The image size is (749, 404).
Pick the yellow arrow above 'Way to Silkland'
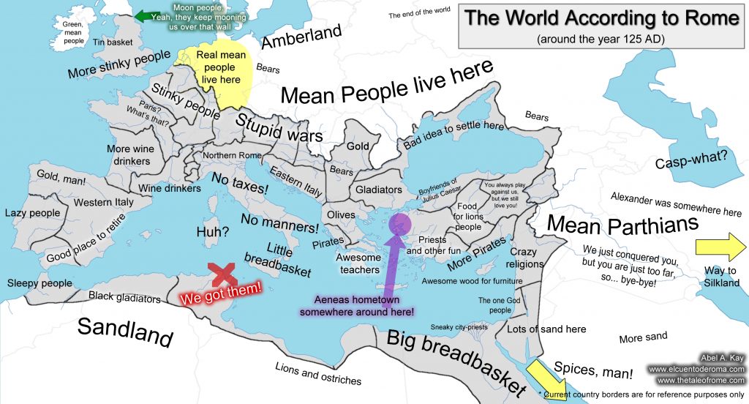click(x=720, y=245)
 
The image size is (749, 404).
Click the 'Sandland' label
click(x=125, y=332)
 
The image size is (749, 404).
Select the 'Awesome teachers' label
click(x=358, y=263)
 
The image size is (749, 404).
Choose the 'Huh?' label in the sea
click(x=213, y=232)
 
